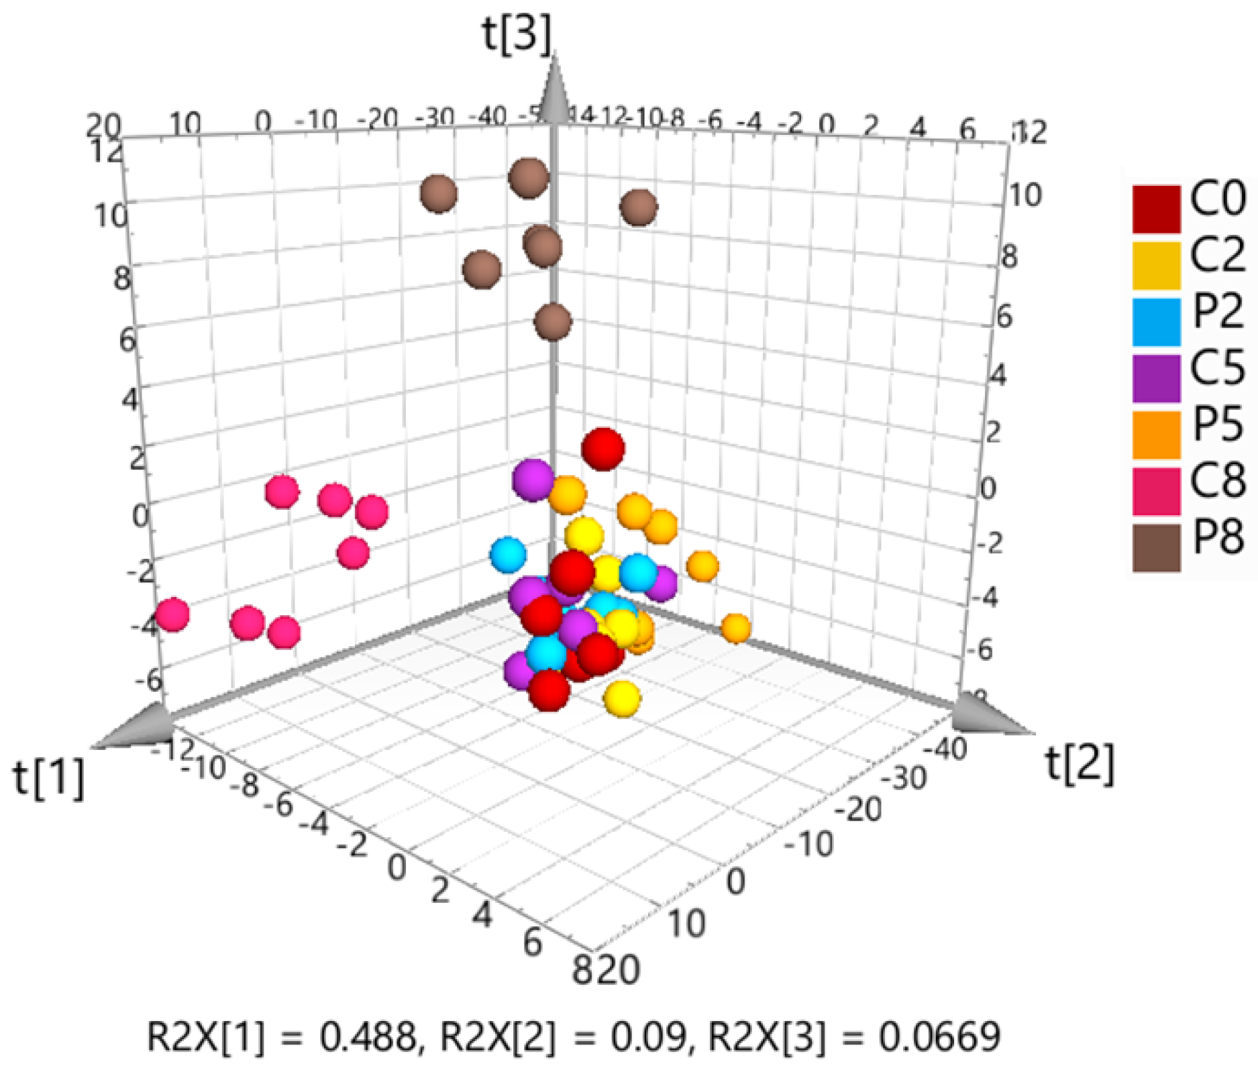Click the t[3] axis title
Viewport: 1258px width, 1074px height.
[517, 34]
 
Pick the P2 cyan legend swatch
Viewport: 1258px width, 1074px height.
[1156, 322]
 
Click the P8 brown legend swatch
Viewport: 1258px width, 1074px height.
[1156, 547]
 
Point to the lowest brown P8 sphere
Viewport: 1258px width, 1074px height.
[553, 322]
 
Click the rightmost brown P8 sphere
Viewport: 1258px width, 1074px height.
[638, 207]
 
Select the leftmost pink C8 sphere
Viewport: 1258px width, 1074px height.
[172, 614]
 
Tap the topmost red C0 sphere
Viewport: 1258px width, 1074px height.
[602, 448]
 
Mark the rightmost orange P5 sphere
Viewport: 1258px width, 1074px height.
[736, 629]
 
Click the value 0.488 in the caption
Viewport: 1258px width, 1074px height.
[367, 1036]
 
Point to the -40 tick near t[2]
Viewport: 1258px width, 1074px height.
[945, 749]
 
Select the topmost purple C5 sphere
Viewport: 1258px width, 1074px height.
[533, 480]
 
